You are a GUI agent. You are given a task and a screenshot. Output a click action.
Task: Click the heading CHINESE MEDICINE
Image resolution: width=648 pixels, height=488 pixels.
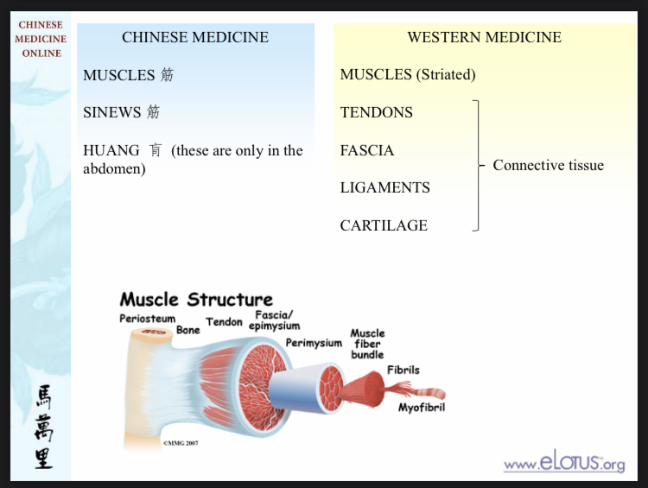click(195, 37)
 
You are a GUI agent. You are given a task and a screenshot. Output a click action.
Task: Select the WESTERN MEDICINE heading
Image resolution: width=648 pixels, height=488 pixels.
click(485, 37)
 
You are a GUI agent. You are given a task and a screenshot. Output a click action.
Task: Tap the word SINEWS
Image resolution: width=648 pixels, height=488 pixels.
click(112, 112)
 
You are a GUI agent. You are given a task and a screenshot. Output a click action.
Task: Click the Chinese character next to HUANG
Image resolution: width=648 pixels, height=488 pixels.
click(156, 150)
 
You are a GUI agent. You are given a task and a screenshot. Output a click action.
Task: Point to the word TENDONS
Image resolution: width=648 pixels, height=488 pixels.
click(376, 112)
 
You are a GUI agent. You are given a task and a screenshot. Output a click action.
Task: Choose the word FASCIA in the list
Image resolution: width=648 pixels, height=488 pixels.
click(367, 150)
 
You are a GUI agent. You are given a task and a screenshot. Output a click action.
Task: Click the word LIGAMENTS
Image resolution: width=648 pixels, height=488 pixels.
click(384, 187)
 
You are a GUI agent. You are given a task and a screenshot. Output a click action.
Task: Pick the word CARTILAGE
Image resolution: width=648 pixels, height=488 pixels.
click(384, 225)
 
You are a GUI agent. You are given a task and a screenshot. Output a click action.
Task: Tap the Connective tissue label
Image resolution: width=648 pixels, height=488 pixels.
click(548, 165)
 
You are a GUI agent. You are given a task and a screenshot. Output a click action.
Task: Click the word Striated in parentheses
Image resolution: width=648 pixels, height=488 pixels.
click(446, 75)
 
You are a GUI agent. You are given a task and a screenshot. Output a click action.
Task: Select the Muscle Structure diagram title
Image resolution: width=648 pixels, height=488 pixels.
click(196, 299)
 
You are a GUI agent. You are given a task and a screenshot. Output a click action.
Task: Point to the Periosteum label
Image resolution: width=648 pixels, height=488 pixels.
click(147, 319)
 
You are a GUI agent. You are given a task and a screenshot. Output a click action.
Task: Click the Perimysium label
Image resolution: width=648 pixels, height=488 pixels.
click(314, 343)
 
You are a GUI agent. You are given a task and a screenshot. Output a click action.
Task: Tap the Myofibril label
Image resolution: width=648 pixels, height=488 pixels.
click(422, 408)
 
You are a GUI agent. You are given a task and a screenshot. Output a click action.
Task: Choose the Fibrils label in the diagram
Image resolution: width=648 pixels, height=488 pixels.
click(403, 370)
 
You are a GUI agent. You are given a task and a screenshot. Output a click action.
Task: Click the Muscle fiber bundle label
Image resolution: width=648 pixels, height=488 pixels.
click(367, 344)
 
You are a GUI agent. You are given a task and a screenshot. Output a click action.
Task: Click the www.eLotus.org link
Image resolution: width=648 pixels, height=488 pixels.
click(564, 461)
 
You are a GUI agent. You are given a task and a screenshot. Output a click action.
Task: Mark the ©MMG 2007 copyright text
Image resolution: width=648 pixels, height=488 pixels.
click(181, 443)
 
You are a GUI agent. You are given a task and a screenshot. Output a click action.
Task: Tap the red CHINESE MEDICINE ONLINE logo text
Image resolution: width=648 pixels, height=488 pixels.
click(41, 39)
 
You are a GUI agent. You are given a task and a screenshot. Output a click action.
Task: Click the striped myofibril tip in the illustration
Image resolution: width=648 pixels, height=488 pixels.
click(432, 393)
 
